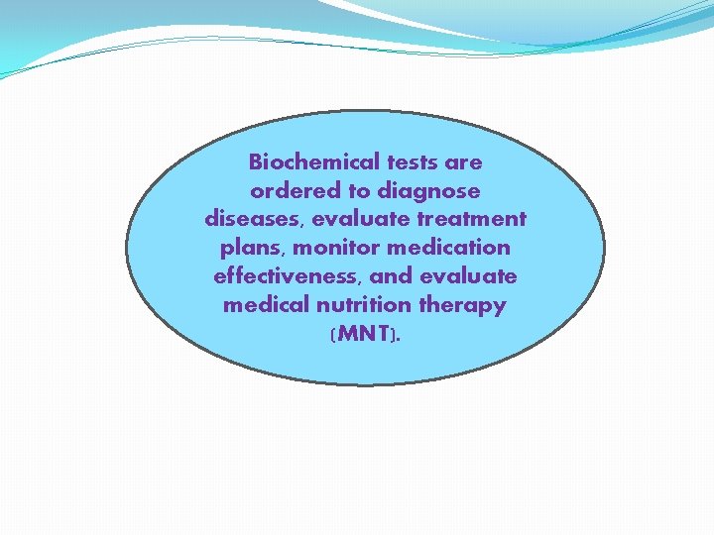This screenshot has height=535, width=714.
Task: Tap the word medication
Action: point(448,247)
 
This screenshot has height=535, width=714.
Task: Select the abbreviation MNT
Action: point(364,334)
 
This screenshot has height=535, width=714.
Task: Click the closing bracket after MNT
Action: point(395,335)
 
